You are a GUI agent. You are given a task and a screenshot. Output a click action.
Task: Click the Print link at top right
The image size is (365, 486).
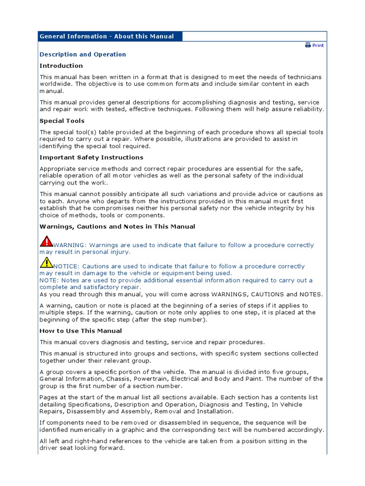tap(318, 46)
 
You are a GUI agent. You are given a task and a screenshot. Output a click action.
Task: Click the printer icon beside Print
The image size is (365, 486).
tap(308, 45)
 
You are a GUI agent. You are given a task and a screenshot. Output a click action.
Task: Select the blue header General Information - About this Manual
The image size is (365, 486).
tap(107, 37)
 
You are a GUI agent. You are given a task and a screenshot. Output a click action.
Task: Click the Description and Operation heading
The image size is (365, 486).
tap(83, 55)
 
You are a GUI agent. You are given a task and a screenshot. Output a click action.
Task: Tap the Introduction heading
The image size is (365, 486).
tap(61, 66)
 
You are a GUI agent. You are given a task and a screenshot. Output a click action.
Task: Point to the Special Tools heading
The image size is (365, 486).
tap(62, 121)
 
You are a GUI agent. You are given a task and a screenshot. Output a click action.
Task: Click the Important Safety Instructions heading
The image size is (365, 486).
tap(91, 158)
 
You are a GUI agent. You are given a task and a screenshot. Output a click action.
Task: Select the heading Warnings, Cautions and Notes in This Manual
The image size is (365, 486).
tap(117, 227)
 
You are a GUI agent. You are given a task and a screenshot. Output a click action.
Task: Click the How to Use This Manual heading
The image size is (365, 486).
tap(81, 331)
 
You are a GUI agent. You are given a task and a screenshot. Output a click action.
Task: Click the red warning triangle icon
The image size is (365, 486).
tap(47, 241)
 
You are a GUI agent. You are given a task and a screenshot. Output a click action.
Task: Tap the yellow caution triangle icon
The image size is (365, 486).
tap(47, 262)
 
